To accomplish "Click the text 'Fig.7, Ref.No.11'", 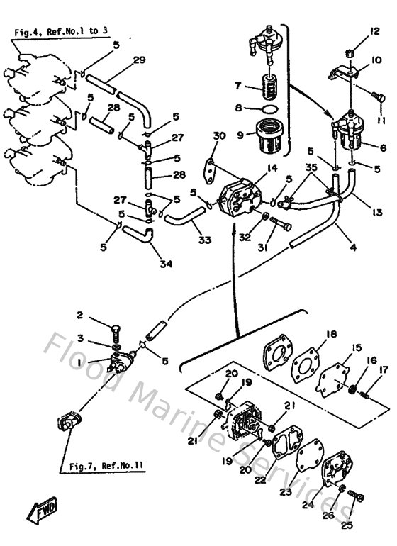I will (x=107, y=466).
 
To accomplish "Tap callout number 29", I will (x=139, y=60).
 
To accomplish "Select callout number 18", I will (x=331, y=334).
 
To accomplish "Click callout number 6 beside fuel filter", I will (x=383, y=148).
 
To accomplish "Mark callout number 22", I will (x=259, y=480).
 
